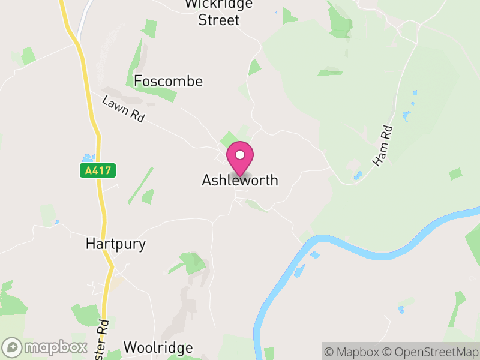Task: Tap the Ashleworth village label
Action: coord(240,180)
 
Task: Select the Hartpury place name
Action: coord(116,244)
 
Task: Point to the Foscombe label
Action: coord(169,81)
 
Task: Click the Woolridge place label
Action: coord(158,348)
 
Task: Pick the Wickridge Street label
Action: coord(219,12)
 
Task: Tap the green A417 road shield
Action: coord(98,170)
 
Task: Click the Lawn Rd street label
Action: coord(124,109)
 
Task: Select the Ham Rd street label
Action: coord(382,145)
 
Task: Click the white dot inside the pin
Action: coord(240,155)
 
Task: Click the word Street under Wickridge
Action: coord(219,20)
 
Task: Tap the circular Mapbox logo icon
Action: coord(13,347)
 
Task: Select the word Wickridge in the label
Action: coord(219,4)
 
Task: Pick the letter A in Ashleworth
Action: coord(207,180)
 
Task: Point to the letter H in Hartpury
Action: coord(91,244)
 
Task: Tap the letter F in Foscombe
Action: coord(138,81)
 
